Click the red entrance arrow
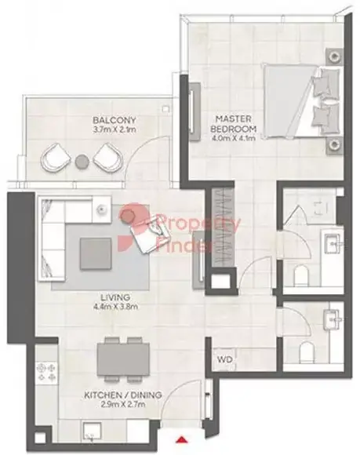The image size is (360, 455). [x=182, y=439]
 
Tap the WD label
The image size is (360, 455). [x=225, y=360]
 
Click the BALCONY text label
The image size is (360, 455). [x=115, y=120]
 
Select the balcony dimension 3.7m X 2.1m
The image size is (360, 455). [x=115, y=129]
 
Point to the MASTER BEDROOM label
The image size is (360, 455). [x=234, y=124]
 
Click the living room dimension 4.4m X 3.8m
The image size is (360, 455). [x=115, y=307]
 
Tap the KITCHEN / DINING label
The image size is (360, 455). [x=123, y=395]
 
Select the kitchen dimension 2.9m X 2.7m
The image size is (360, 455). [x=123, y=404]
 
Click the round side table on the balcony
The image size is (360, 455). [x=82, y=162]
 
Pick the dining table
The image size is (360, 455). [x=123, y=360]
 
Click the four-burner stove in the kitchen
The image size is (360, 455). [x=47, y=373]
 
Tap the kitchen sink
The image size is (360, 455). [x=93, y=431]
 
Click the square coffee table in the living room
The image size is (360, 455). [x=96, y=254]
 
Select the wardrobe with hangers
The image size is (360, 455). [x=222, y=227]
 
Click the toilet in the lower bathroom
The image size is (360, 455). [x=307, y=352]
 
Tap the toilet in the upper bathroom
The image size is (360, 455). [x=301, y=276]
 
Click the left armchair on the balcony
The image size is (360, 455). [x=56, y=157]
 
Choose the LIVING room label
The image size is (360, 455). [x=115, y=297]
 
